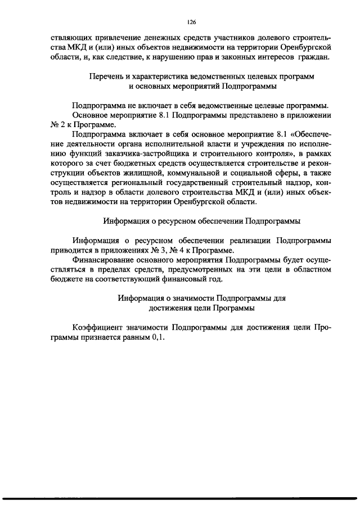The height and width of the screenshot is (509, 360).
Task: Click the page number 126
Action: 191,22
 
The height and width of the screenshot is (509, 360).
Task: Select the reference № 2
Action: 55,125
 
